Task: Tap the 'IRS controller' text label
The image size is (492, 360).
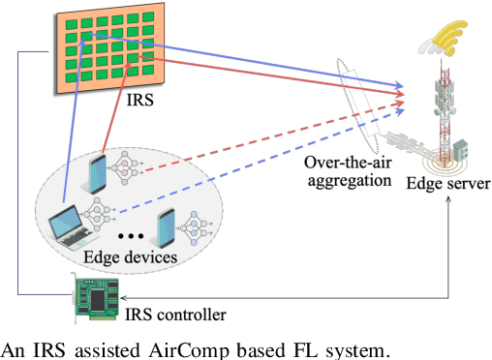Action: click(176, 315)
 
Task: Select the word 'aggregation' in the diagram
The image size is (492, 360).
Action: click(347, 180)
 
